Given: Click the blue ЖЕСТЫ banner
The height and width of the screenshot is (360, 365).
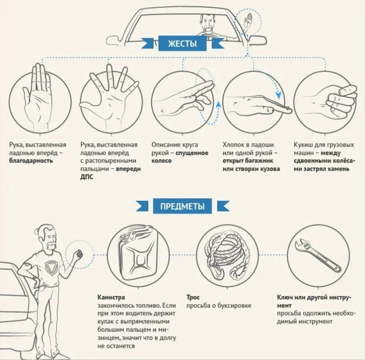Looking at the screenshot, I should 182,43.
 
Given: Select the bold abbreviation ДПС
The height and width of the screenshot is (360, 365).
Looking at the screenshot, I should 87,177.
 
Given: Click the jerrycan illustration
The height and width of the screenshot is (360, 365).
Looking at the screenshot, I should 136,254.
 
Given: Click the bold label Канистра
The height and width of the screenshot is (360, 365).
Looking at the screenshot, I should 112,297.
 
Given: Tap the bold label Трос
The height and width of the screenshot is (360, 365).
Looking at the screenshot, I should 193,297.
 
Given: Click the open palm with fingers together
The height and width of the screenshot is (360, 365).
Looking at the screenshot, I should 38,95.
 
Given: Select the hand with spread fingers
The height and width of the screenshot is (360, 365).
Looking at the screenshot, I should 109,95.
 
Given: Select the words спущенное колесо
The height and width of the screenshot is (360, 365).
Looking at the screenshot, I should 180,157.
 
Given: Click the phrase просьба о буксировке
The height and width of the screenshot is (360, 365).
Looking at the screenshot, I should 219,306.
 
